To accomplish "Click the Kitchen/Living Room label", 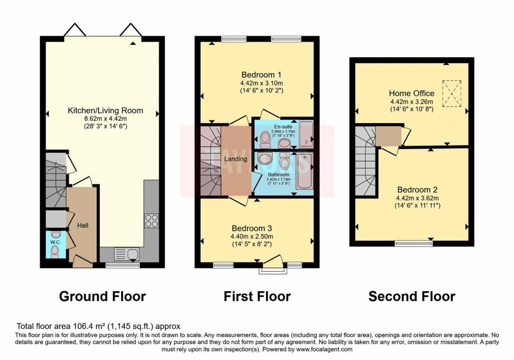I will point(106,110).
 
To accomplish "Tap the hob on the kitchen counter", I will point(152,221).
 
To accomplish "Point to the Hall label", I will point(83,225).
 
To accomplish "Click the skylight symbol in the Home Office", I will point(452,93).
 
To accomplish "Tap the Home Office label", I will point(412,93).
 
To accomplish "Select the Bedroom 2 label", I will point(417,190).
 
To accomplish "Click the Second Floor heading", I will point(412,296).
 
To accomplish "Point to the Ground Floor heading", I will point(102,296).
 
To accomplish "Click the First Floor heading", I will point(257,296).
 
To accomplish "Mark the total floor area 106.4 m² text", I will point(98,326).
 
